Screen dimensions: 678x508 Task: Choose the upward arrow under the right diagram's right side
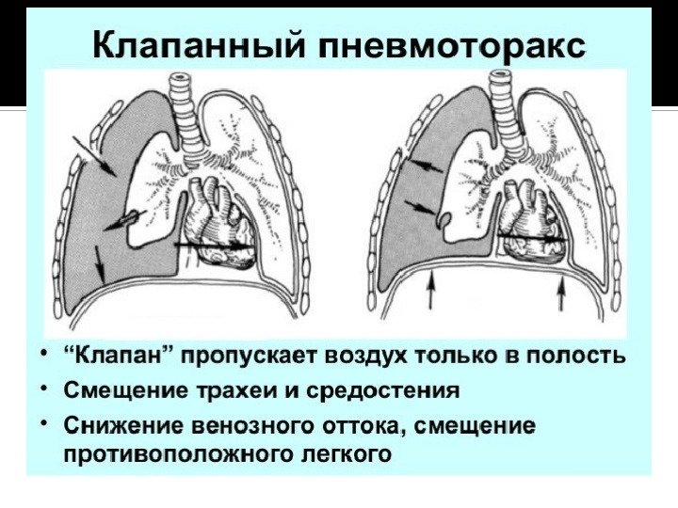click(562, 293)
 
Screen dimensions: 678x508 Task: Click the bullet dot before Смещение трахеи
click(44, 388)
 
